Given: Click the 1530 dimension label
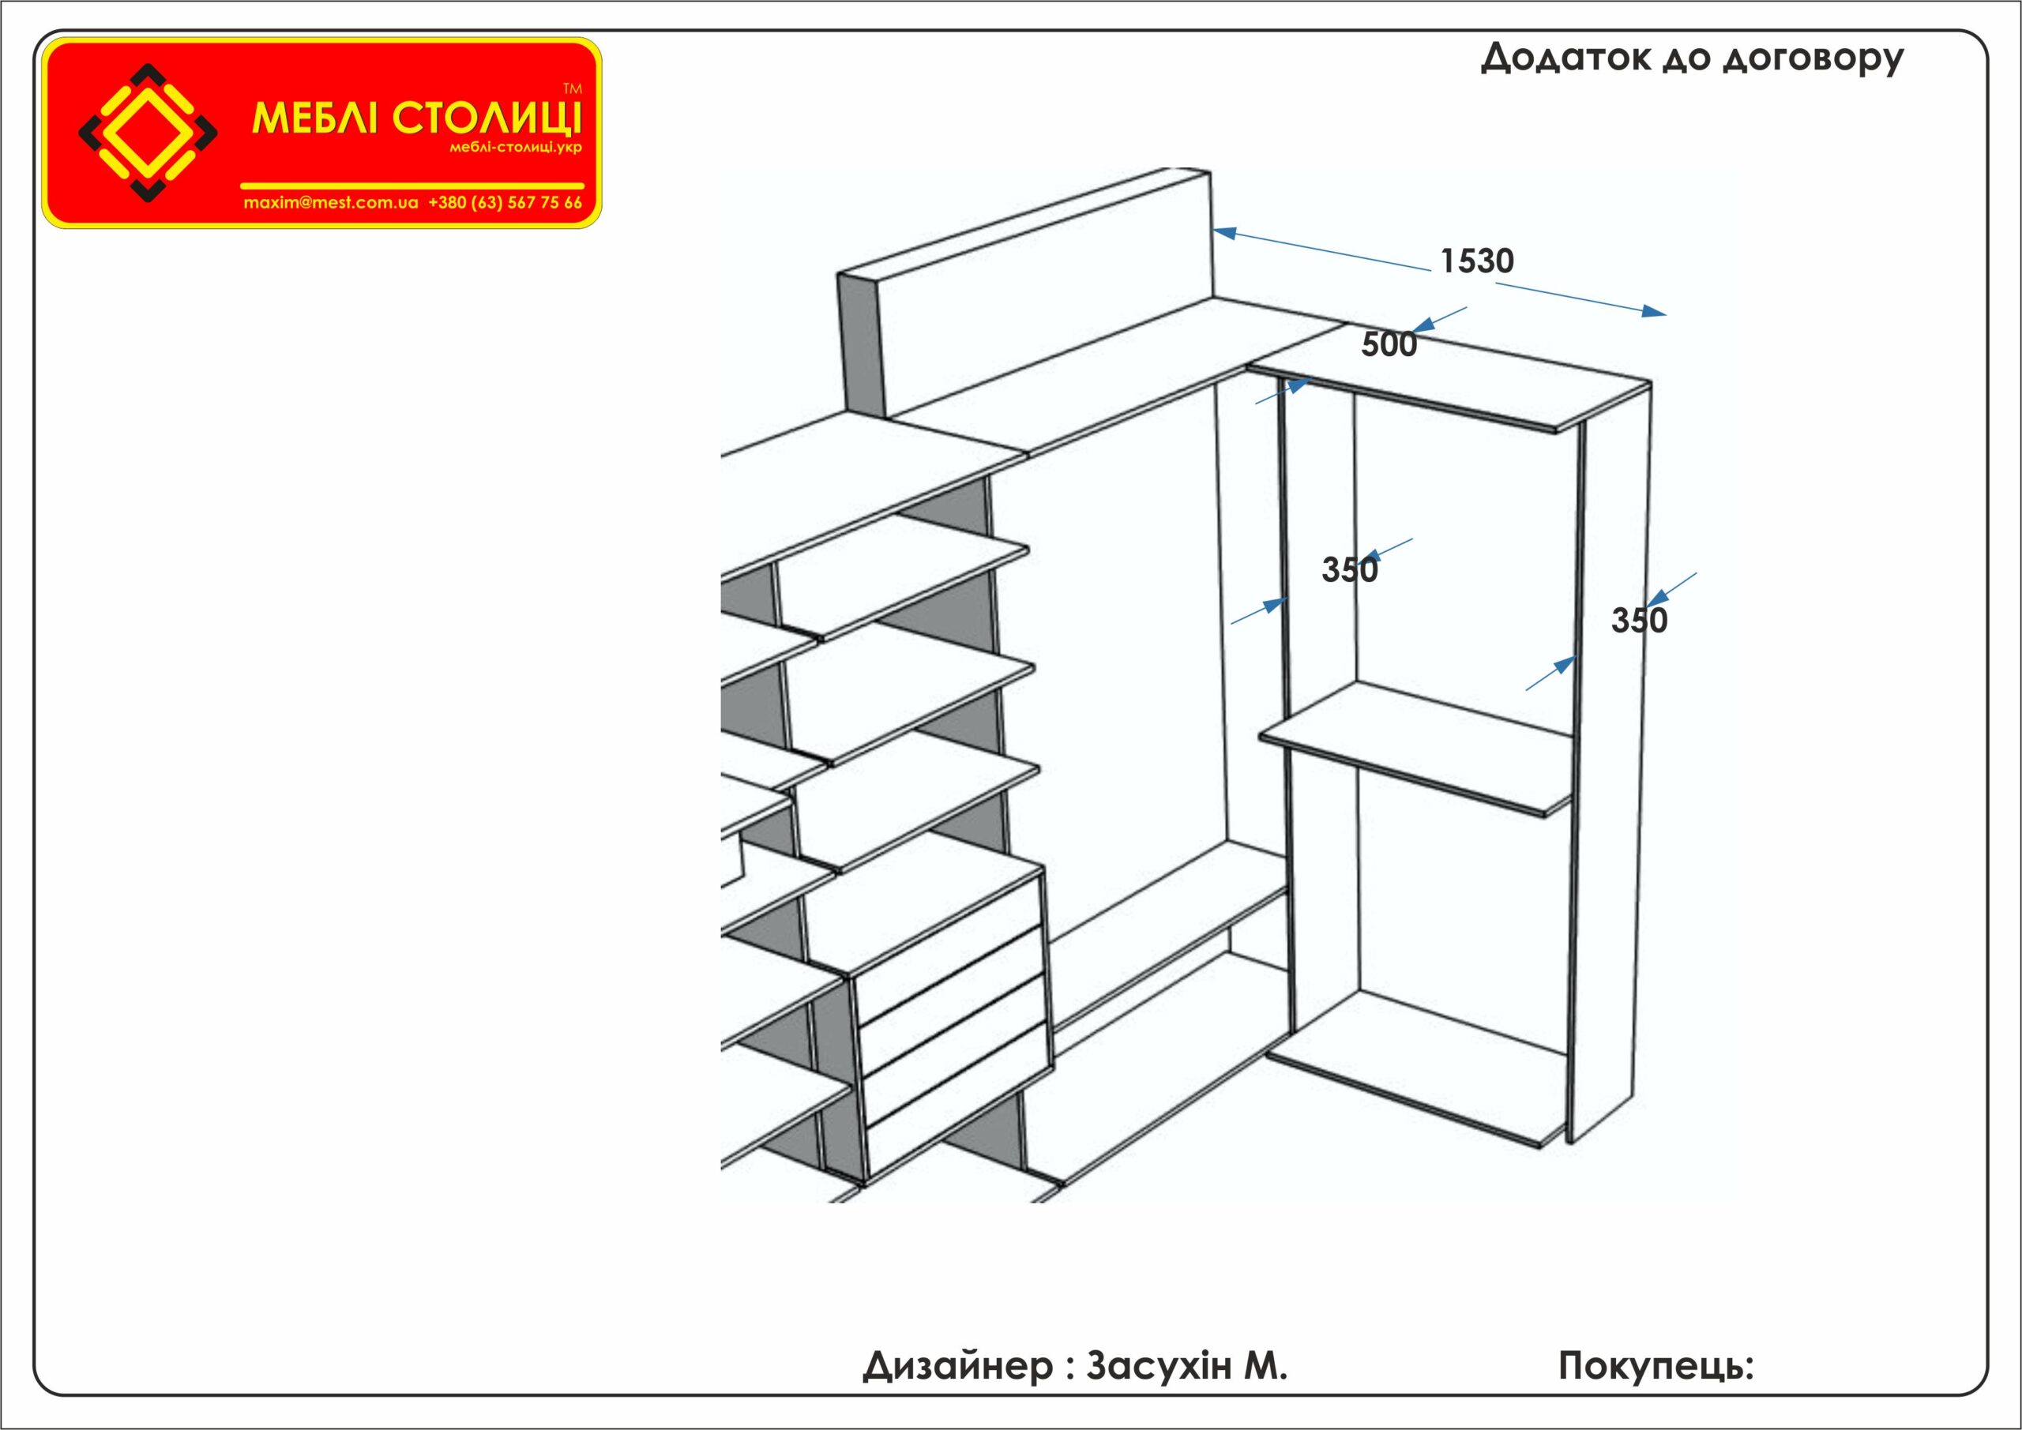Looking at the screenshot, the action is tap(1477, 261).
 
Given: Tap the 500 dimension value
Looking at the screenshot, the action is tap(1389, 344).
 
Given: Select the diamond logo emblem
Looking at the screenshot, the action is tap(148, 133).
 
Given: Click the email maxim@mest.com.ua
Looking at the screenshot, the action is tap(331, 202).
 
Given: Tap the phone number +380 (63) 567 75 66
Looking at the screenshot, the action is tap(505, 202).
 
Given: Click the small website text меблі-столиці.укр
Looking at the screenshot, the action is tap(516, 148).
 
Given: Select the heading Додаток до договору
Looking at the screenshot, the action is tap(1692, 58).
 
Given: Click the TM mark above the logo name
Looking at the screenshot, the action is tap(573, 89).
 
